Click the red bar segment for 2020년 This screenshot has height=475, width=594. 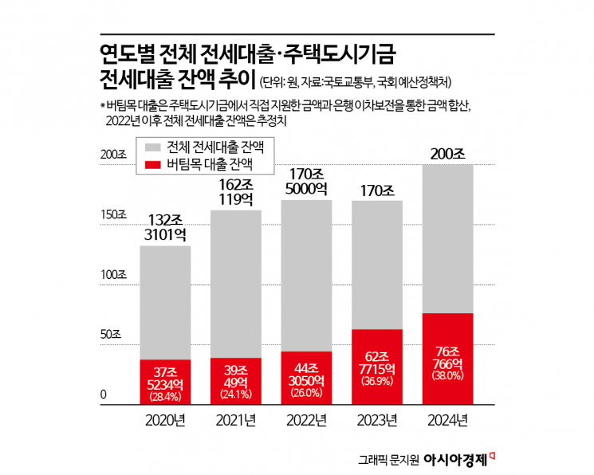click(166, 382)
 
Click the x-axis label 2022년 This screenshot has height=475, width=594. click(307, 420)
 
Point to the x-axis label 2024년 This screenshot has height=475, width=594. click(447, 420)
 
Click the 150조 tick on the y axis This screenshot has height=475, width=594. click(113, 215)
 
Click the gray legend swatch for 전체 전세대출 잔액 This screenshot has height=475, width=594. click(152, 148)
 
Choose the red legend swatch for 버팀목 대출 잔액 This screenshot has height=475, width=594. click(152, 165)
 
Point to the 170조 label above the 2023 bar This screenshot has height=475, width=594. click(376, 190)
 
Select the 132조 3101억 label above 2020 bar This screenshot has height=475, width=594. click(166, 227)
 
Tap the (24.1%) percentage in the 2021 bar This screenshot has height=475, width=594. click(236, 394)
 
